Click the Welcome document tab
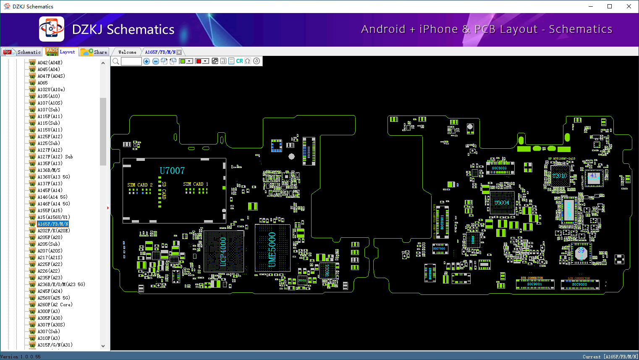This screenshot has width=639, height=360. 127,52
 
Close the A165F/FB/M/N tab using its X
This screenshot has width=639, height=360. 179,52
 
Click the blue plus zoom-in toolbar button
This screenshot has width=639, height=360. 147,61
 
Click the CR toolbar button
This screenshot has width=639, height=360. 239,61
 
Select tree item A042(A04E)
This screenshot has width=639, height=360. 50,63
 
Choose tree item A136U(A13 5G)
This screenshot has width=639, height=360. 54,177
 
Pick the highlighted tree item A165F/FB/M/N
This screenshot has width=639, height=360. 53,224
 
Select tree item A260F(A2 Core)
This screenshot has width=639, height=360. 55,305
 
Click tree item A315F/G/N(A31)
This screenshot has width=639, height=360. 55,345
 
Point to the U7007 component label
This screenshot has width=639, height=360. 172,171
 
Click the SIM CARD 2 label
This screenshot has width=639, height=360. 140,185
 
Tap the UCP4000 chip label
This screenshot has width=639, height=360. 223,252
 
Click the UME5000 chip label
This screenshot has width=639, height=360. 272,249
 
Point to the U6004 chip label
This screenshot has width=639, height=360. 502,203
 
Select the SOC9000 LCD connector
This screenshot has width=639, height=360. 579,284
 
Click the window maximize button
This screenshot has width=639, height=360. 610,6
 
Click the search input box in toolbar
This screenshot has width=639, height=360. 131,61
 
